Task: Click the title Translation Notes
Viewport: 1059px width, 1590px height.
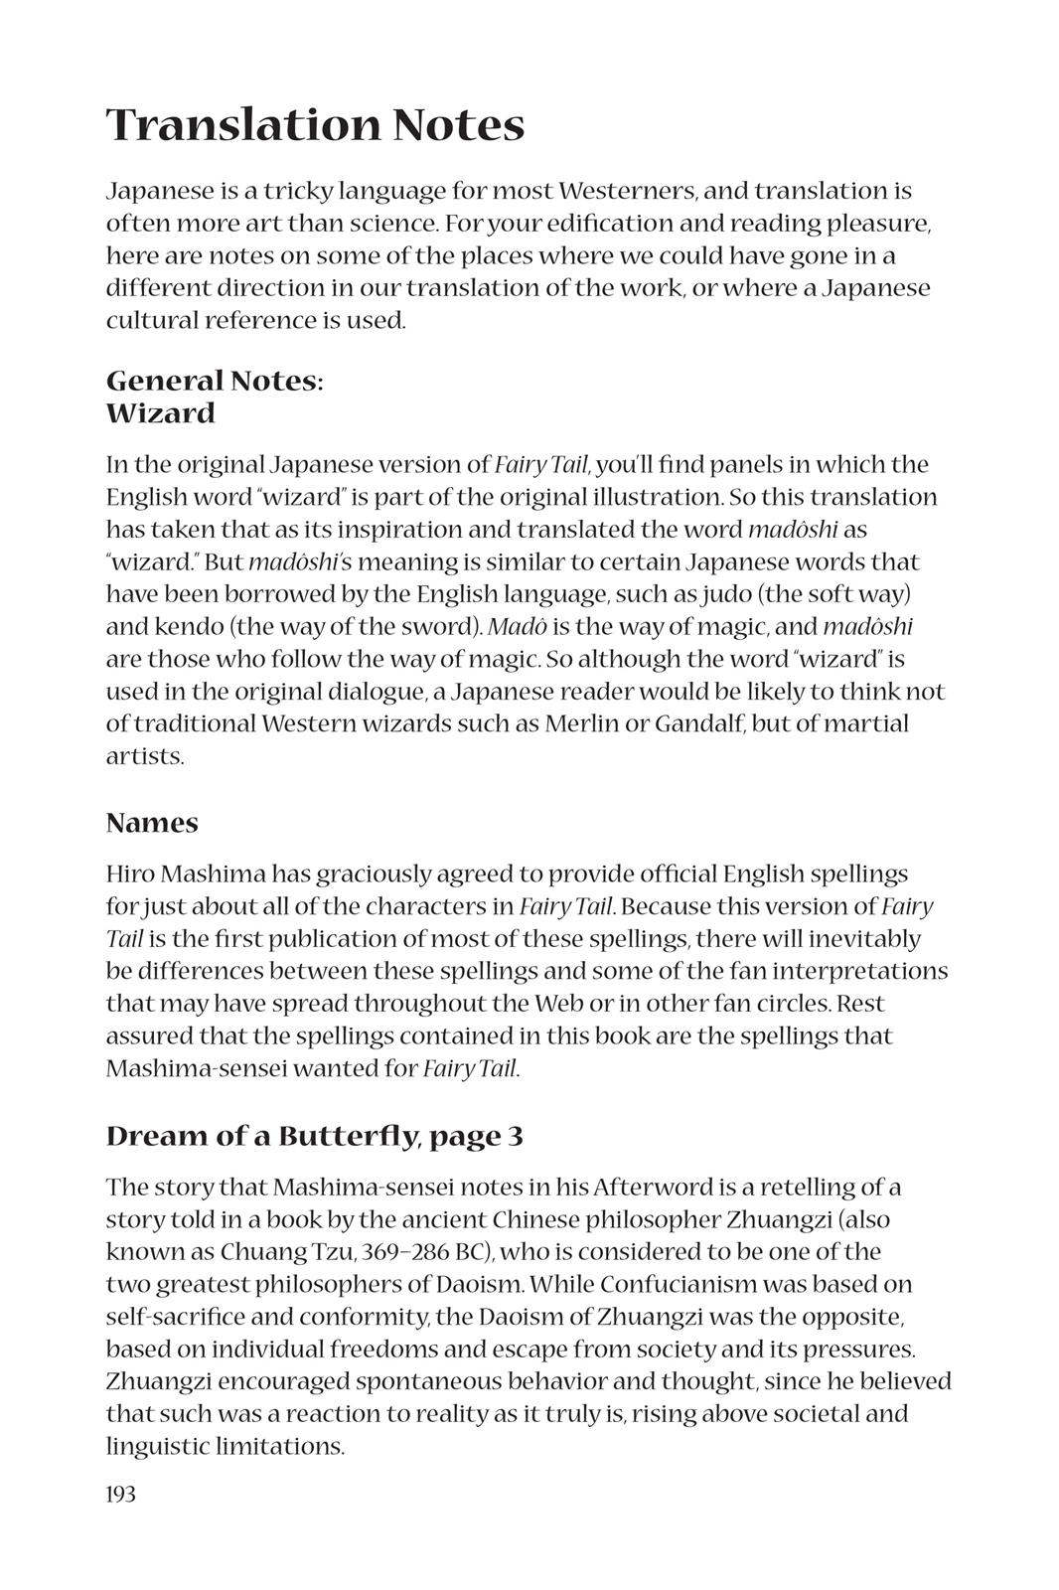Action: click(x=315, y=126)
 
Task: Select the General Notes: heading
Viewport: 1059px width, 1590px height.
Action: click(x=215, y=381)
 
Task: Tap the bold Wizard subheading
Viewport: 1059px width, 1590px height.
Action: click(x=160, y=413)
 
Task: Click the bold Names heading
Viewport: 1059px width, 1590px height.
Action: click(x=152, y=823)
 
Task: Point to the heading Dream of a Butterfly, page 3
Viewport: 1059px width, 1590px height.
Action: click(x=314, y=1136)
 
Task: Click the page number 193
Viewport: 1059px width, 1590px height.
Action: click(x=120, y=1494)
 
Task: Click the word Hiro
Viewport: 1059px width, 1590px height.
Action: click(x=129, y=874)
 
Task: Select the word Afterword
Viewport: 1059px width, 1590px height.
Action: click(x=648, y=1188)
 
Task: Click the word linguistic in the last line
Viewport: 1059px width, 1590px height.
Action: click(x=156, y=1446)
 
